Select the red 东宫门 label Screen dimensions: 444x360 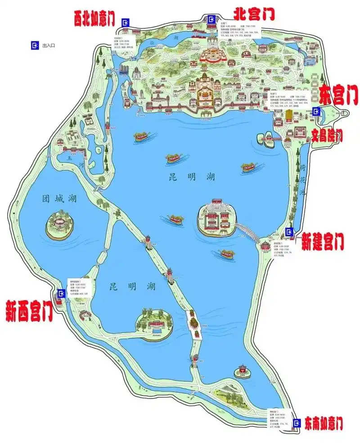339,96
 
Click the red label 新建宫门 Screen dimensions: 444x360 323,241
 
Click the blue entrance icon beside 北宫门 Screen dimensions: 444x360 211,18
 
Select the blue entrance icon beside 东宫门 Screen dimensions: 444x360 317,111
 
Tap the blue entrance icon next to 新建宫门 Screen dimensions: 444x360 289,232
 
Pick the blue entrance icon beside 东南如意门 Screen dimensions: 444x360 297,423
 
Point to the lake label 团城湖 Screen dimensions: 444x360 59,199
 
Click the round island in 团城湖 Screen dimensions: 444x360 59,226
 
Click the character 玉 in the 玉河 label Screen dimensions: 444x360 69,159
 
